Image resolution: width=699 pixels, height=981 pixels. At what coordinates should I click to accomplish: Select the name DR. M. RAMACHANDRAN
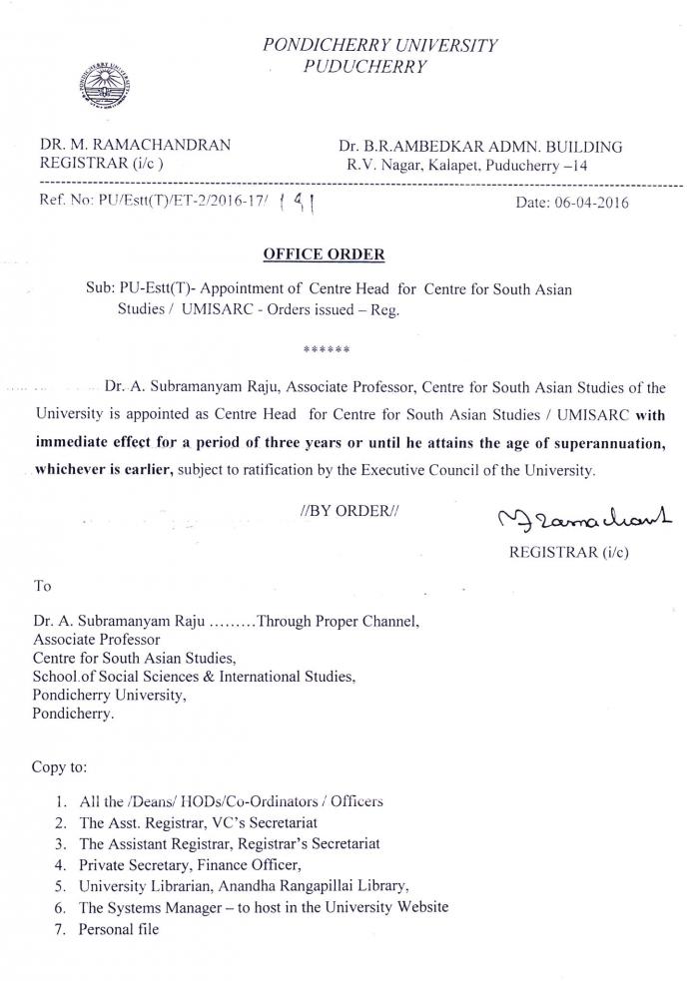coord(136,145)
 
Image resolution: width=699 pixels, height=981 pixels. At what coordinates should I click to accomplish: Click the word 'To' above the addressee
coord(43,587)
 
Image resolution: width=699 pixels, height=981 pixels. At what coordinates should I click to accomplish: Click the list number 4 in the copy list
coord(62,864)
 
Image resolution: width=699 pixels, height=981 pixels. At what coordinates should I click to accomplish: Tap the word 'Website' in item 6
coord(420,907)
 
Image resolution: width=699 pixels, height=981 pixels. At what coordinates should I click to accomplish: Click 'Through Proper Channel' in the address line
coord(338,621)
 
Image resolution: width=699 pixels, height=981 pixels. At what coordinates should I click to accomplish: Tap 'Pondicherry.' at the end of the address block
coord(73,715)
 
